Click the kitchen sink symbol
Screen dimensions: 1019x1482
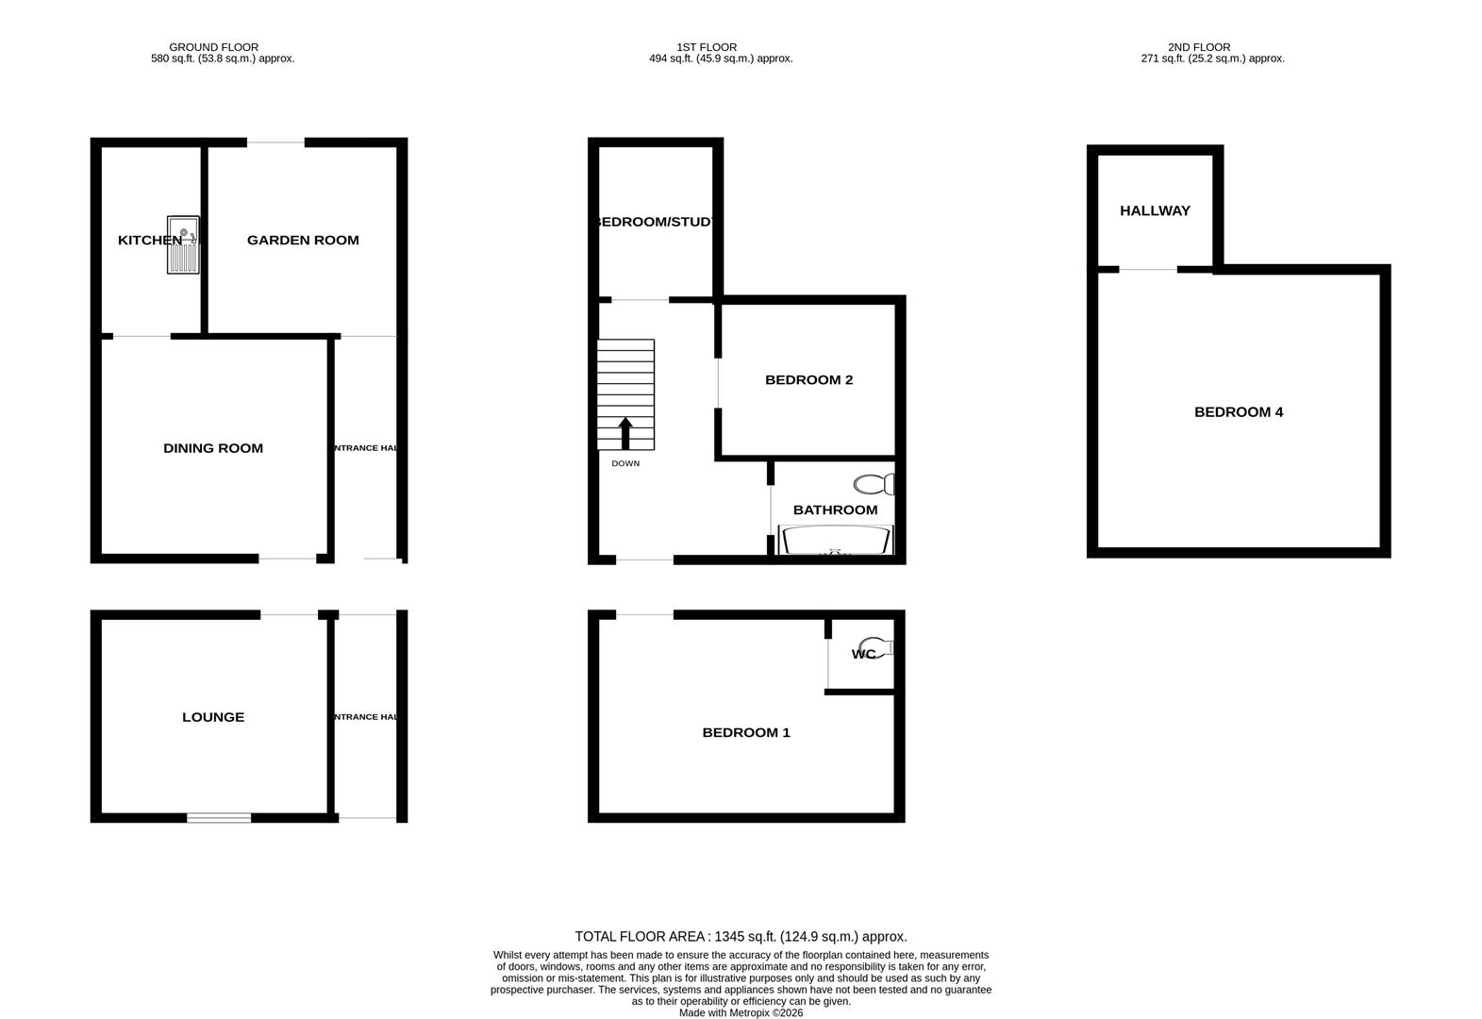pos(183,244)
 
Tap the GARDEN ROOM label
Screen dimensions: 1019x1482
pos(303,241)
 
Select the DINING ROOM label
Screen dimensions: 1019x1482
pos(213,449)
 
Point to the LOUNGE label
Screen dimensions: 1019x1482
pos(213,717)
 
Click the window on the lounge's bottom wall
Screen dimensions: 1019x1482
pos(219,818)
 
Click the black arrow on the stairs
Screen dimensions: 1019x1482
pos(625,434)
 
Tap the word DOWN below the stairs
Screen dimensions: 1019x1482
pos(625,463)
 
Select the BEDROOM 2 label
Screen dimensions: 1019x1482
pos(808,380)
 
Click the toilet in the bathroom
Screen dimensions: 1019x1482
pos(874,485)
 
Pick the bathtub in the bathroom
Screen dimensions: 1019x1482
pos(836,541)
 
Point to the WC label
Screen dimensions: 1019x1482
pos(863,654)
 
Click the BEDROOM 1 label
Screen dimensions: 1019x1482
pos(746,733)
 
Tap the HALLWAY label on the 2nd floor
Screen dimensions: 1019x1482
pos(1155,211)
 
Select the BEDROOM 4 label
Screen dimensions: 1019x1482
pos(1239,412)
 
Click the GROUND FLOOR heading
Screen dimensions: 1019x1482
pos(214,47)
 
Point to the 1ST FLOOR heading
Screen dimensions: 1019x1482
pos(707,47)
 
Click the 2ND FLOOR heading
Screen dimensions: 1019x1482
pos(1199,47)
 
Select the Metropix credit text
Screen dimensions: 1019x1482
pos(741,1013)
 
